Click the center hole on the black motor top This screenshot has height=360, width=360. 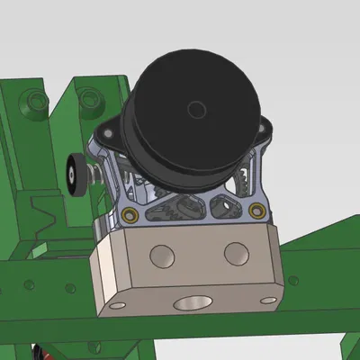(x=195, y=110)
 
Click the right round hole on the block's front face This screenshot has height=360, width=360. (x=236, y=252)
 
